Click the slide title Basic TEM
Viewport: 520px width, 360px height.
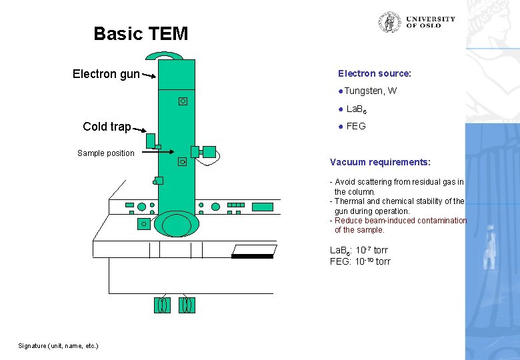pyautogui.click(x=141, y=33)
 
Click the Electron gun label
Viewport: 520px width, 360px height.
pyautogui.click(x=106, y=74)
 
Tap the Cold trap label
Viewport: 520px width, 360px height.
pyautogui.click(x=107, y=127)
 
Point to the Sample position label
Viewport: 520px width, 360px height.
pyautogui.click(x=105, y=153)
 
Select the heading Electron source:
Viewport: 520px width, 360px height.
pyautogui.click(x=374, y=73)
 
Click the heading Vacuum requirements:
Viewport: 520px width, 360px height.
pyautogui.click(x=380, y=162)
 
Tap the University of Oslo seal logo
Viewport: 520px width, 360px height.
pyautogui.click(x=389, y=22)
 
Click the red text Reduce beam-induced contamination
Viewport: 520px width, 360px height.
pyautogui.click(x=400, y=221)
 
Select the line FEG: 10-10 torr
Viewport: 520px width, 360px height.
pyautogui.click(x=360, y=261)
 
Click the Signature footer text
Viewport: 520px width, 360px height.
pyautogui.click(x=58, y=345)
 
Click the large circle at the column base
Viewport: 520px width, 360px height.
pyautogui.click(x=176, y=223)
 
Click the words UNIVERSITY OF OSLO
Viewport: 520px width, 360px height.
pyautogui.click(x=430, y=22)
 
